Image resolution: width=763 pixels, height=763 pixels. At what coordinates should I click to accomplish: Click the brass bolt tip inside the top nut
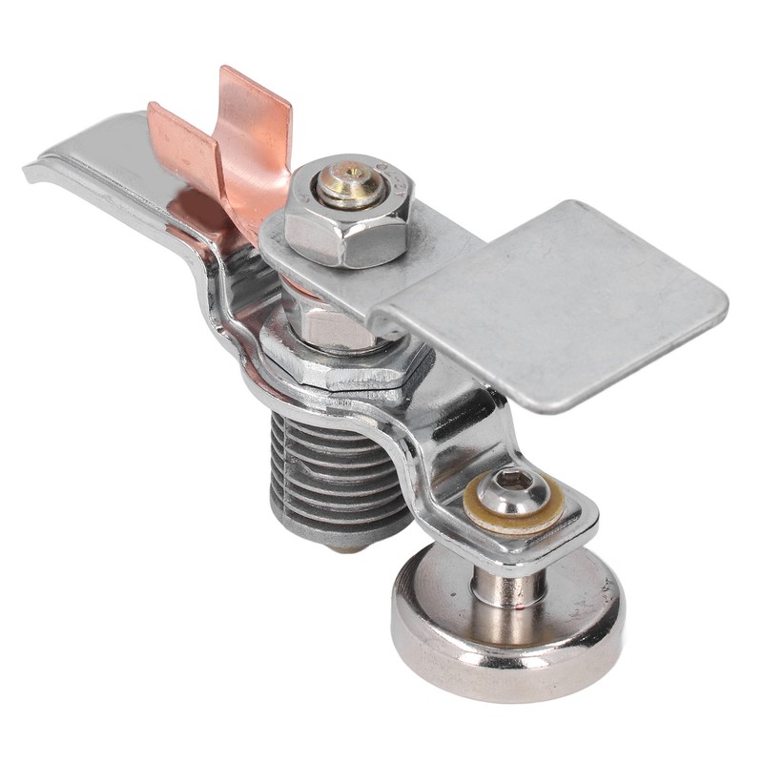(x=352, y=183)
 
